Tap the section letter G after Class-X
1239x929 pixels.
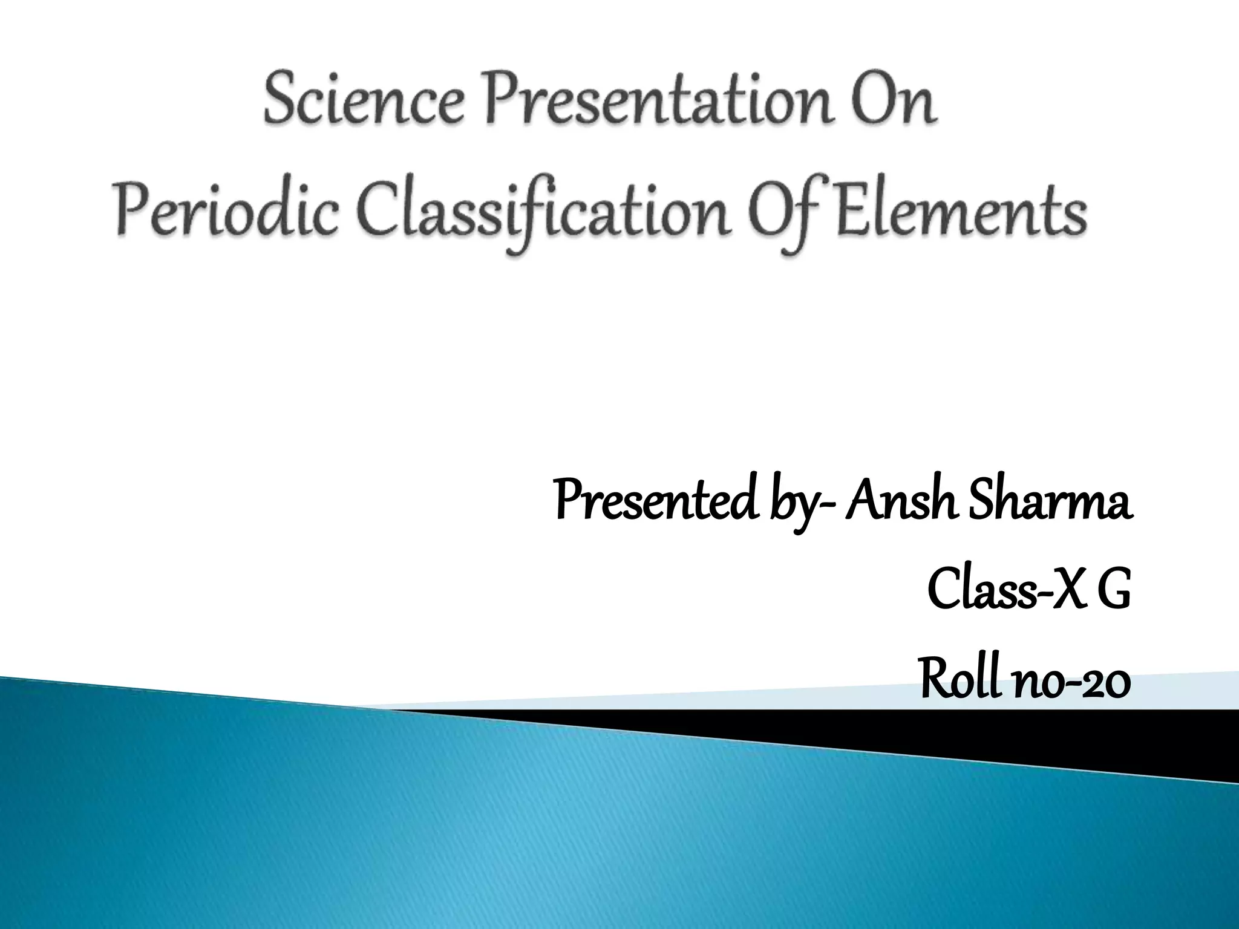coord(1113,592)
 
